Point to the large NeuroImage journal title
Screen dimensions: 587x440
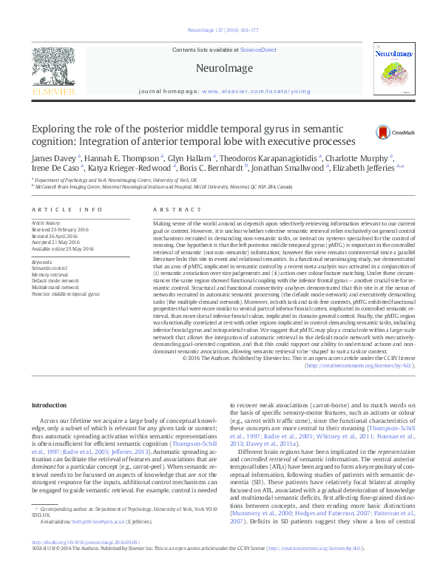pos(220,68)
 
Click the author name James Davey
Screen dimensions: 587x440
pos(49,157)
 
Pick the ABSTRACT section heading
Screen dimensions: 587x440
pos(168,211)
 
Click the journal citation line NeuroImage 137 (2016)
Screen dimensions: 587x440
pos(220,30)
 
